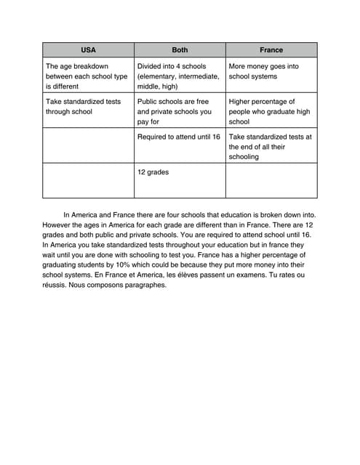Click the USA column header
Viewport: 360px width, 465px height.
point(87,50)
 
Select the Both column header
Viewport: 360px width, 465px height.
point(179,50)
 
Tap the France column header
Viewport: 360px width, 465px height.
point(271,50)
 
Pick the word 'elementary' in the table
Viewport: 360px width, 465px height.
point(160,76)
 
